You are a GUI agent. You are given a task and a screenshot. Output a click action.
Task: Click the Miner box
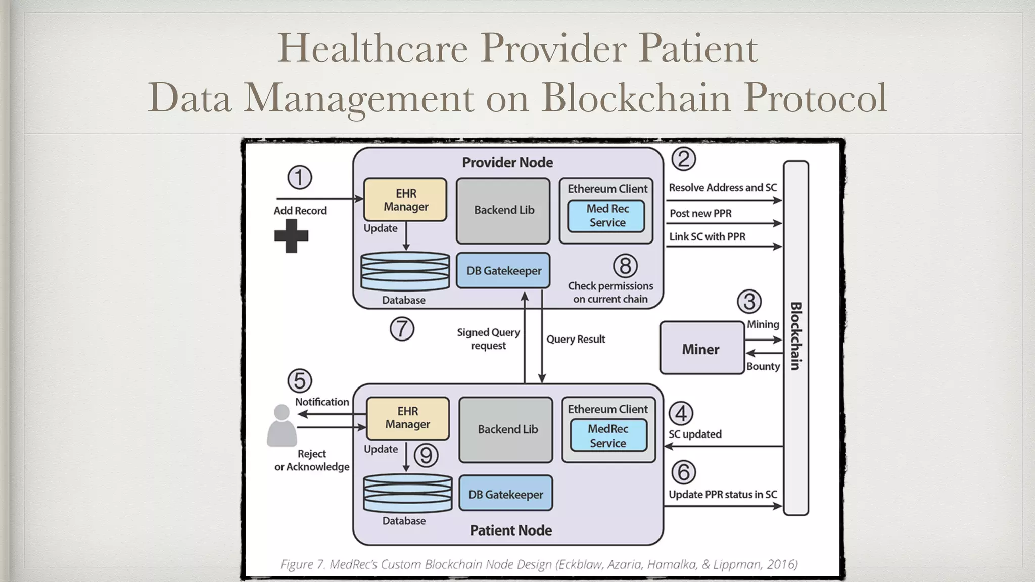pyautogui.click(x=701, y=348)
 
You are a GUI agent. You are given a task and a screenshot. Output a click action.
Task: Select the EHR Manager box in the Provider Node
pyautogui.click(x=405, y=200)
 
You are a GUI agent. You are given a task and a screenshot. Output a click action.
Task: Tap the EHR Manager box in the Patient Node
pyautogui.click(x=407, y=418)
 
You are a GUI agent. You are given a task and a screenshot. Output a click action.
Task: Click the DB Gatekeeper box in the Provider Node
pyautogui.click(x=503, y=271)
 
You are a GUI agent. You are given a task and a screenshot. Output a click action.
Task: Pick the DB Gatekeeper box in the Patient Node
pyautogui.click(x=505, y=494)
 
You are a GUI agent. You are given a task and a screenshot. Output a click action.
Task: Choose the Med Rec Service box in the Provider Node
pyautogui.click(x=606, y=216)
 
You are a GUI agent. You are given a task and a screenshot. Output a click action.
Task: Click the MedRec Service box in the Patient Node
pyautogui.click(x=608, y=435)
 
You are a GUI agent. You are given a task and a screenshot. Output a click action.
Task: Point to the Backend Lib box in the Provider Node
pyautogui.click(x=503, y=210)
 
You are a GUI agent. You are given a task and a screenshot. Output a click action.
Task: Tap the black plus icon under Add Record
pyautogui.click(x=291, y=235)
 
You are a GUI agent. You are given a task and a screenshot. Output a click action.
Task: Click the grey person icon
pyautogui.click(x=281, y=425)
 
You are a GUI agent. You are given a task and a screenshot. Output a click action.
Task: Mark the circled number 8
pyautogui.click(x=625, y=266)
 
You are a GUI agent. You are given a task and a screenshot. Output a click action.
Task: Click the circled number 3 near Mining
pyautogui.click(x=749, y=301)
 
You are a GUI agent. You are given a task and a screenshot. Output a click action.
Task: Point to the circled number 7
pyautogui.click(x=402, y=329)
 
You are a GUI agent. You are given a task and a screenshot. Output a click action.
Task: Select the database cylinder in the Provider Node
pyautogui.click(x=405, y=271)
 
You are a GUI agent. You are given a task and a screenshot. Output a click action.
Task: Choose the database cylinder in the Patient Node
pyautogui.click(x=407, y=493)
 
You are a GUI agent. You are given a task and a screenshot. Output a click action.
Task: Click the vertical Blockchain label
pyautogui.click(x=795, y=336)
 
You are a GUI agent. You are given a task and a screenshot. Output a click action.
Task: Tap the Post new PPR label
pyautogui.click(x=700, y=213)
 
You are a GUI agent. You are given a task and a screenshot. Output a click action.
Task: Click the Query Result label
pyautogui.click(x=576, y=339)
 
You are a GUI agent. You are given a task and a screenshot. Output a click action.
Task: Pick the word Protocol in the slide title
pyautogui.click(x=815, y=97)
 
